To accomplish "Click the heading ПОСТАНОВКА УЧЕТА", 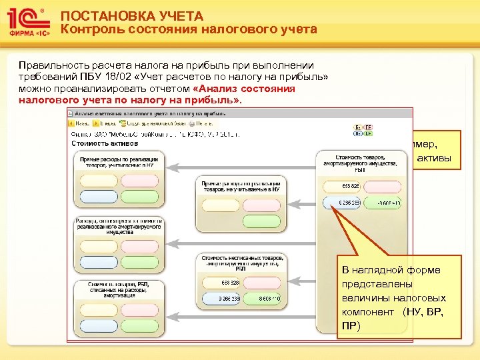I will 119,17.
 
